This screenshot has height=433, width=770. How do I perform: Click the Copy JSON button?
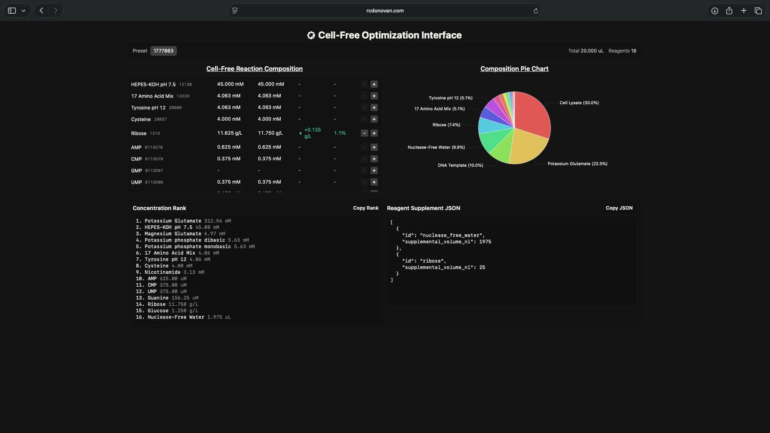[619, 208]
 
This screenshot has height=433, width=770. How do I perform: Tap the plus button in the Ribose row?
[374, 133]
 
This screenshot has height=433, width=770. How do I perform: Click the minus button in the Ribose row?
[365, 133]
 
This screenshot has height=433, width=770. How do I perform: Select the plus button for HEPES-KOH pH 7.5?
[374, 84]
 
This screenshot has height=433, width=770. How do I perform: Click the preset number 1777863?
[164, 51]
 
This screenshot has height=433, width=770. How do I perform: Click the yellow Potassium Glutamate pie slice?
[527, 146]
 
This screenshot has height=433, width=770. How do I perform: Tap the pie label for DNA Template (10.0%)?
[460, 165]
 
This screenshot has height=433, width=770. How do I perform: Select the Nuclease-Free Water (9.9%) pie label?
[436, 147]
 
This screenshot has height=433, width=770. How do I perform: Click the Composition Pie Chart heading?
[514, 69]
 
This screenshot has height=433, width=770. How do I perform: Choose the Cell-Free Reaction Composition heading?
[254, 69]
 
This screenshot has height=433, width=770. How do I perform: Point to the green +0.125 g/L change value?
[312, 133]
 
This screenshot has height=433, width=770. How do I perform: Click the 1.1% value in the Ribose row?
[340, 133]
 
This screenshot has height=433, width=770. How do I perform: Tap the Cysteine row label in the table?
[141, 119]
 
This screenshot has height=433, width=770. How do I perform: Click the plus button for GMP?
[374, 170]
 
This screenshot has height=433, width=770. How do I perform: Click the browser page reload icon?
[536, 11]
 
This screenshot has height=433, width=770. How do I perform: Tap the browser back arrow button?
[41, 10]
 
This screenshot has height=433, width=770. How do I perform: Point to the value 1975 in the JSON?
[485, 242]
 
